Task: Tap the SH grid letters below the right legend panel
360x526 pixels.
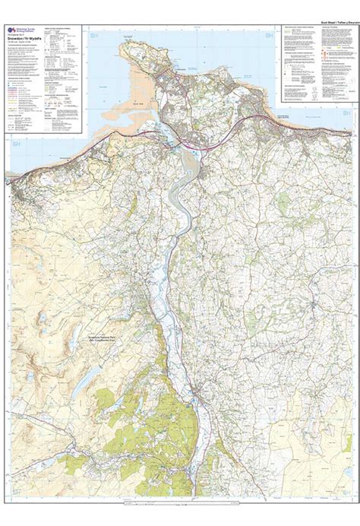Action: pos(346,112)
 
